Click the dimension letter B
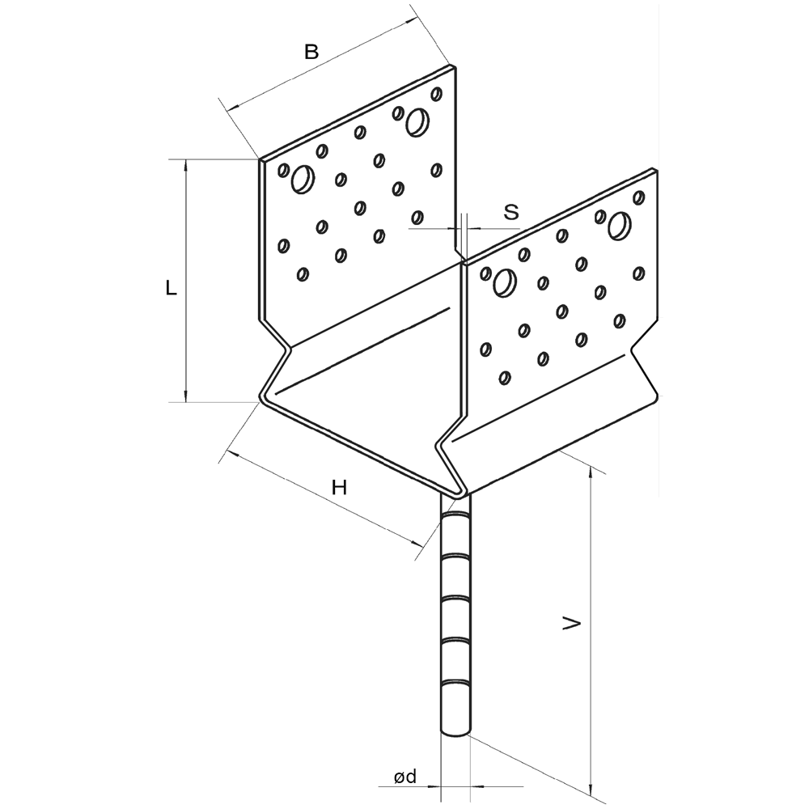click(x=311, y=52)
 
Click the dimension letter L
click(x=172, y=288)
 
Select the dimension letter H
click(x=339, y=487)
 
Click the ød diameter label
click(x=405, y=777)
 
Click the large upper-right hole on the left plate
click(x=417, y=122)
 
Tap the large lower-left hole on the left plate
click(x=303, y=180)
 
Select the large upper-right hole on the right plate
click(x=619, y=226)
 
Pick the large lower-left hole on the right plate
click(x=505, y=283)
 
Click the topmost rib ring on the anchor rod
click(x=455, y=515)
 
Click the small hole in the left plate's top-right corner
click(x=437, y=94)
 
